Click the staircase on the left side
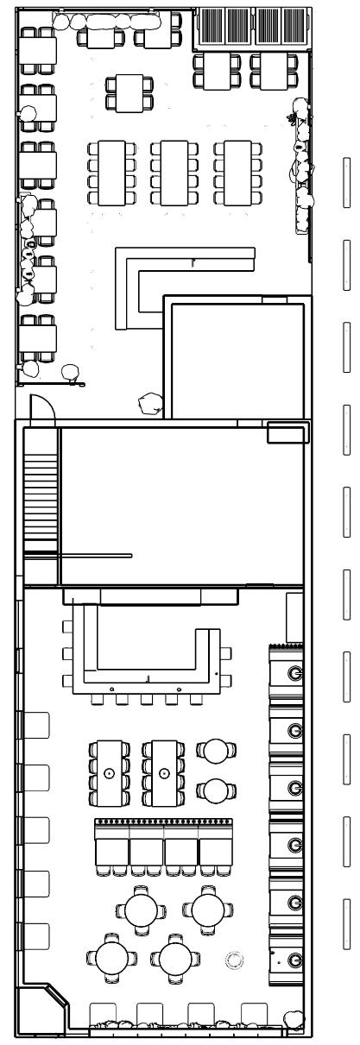pyautogui.click(x=41, y=500)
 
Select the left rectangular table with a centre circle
pyautogui.click(x=109, y=772)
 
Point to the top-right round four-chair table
pyautogui.click(x=208, y=908)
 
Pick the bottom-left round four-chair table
pyautogui.click(x=112, y=956)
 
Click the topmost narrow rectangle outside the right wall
pyautogui.click(x=346, y=183)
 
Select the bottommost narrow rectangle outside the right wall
pyautogui.click(x=346, y=922)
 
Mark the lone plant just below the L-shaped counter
pyautogui.click(x=151, y=402)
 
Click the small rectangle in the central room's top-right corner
pyautogui.click(x=287, y=432)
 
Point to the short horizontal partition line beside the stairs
pyautogui.click(x=95, y=555)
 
